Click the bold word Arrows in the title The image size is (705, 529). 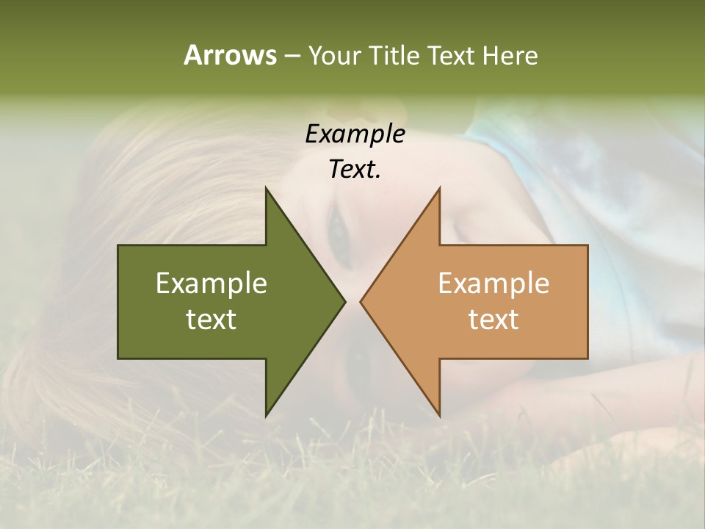[230, 55]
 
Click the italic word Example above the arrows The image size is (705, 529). [355, 134]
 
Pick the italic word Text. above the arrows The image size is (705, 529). [355, 170]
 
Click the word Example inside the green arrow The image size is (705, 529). [211, 283]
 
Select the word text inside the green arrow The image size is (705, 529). [211, 319]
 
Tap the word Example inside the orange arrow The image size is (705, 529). [493, 283]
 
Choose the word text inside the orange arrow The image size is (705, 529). [493, 319]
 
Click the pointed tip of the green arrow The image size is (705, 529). [344, 301]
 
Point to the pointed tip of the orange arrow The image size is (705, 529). [361, 301]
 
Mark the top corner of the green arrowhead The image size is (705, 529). [266, 188]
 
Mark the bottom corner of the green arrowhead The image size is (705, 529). [266, 415]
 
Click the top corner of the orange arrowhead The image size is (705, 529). [439, 188]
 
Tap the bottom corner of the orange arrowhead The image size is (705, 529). [439, 415]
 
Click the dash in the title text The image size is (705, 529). [292, 57]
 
